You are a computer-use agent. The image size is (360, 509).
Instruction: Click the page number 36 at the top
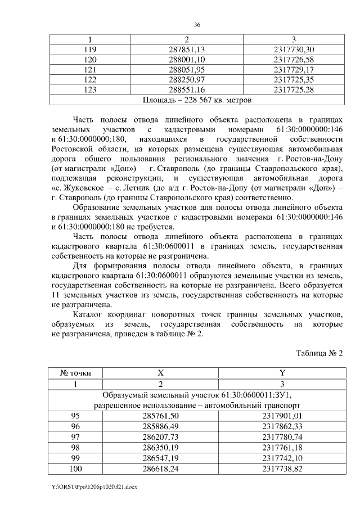(197, 25)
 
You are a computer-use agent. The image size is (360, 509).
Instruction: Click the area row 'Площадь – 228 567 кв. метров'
(196, 100)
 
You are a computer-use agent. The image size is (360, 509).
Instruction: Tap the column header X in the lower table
(160, 373)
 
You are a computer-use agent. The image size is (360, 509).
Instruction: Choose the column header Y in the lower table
(282, 373)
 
